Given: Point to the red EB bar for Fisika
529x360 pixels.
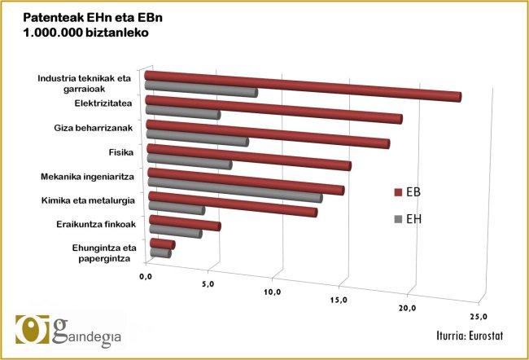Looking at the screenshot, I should click(x=248, y=156).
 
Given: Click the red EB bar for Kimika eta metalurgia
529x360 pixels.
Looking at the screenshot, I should click(x=232, y=203).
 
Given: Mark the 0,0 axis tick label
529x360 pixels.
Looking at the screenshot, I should click(x=146, y=278).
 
